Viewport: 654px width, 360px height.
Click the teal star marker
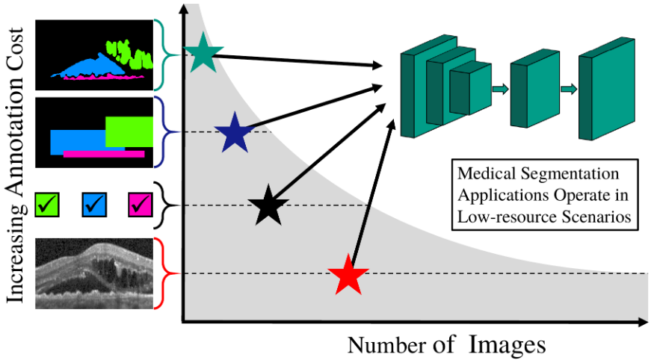203,55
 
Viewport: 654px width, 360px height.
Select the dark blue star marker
235,133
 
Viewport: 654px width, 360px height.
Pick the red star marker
348,276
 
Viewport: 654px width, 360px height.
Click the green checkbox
46,205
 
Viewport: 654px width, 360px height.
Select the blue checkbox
94,205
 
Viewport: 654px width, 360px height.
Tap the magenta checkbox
141,205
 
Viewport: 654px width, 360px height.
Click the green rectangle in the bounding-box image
129,131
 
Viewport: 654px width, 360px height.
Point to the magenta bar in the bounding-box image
104,154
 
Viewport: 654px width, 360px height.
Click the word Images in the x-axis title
508,345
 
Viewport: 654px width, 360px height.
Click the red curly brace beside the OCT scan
162,273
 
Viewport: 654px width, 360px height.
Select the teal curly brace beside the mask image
162,55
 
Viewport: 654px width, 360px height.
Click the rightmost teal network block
607,89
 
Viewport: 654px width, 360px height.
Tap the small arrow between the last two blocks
569,89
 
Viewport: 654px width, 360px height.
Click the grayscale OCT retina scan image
94,273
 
